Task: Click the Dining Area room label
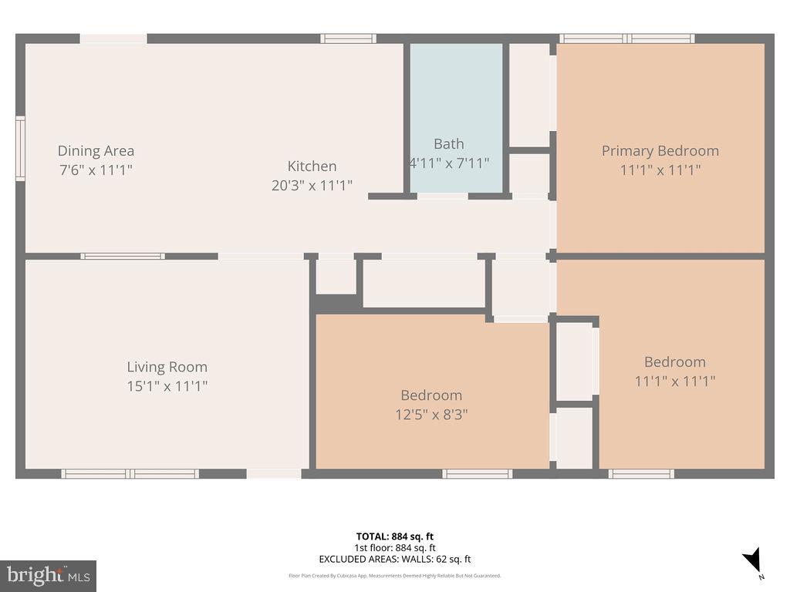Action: [96, 151]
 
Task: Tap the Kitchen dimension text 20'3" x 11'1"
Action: [312, 185]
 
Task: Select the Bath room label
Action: [448, 143]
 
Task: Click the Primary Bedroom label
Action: [660, 151]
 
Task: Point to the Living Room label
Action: [167, 367]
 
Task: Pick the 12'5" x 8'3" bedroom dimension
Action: [431, 414]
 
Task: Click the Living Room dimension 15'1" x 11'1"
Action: [167, 385]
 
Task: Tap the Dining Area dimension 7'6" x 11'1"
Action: [96, 170]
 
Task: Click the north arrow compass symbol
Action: [752, 560]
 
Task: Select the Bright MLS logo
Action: [48, 575]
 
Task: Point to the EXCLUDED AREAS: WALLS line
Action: [394, 560]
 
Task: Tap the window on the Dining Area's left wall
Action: [20, 149]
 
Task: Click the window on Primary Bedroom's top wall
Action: [626, 39]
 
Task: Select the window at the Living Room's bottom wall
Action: [130, 473]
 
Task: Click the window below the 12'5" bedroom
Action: [477, 473]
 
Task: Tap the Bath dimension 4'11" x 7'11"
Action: [448, 163]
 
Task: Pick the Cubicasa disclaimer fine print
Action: [394, 575]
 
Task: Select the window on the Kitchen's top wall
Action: [348, 39]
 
